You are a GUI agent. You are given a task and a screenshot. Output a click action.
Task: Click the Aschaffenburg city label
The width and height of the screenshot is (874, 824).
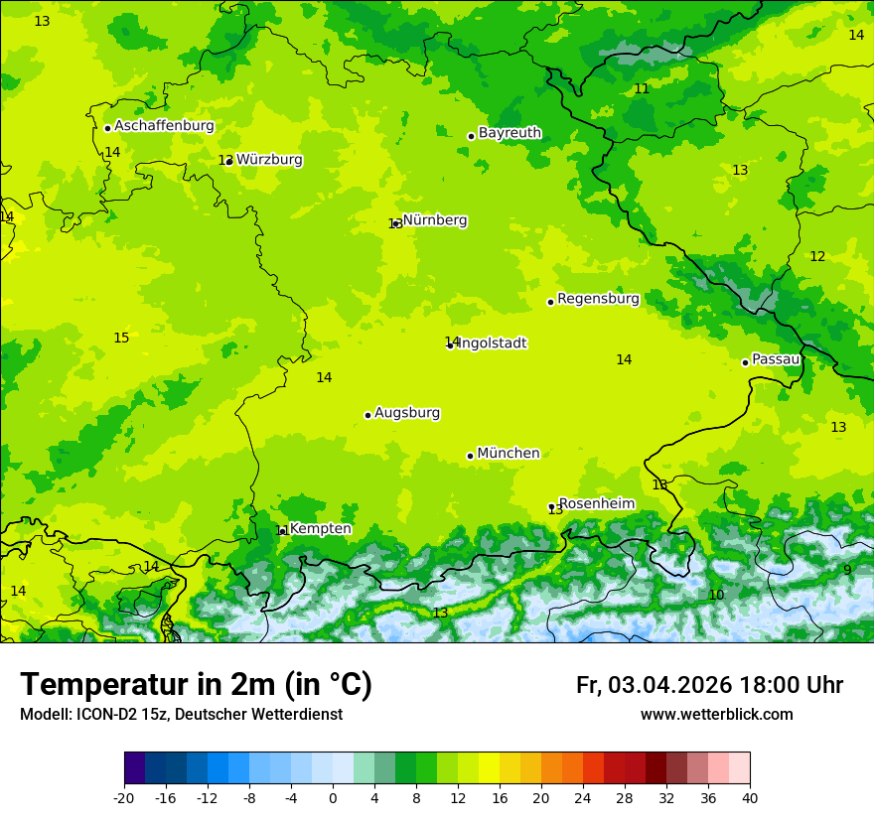coord(164,126)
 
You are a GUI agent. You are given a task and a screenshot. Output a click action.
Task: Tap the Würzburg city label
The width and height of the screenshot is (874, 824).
coord(269,160)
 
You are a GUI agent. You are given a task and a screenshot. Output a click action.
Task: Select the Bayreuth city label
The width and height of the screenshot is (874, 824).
coord(510,133)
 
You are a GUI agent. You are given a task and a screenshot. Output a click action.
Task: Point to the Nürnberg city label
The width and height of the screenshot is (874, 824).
coord(435,220)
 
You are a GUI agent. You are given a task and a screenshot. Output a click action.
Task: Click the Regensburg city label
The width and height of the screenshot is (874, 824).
coord(598,299)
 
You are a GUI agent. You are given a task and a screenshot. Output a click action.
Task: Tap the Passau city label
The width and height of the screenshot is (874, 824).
coord(776,359)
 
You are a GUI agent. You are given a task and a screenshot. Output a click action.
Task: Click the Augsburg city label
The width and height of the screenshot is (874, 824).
coord(407,413)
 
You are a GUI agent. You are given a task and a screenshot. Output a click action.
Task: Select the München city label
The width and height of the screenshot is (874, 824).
coord(509,454)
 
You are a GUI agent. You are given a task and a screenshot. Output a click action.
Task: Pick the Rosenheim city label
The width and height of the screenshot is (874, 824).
coord(596,504)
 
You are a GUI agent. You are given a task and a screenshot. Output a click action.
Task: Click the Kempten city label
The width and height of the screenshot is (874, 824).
coord(320,529)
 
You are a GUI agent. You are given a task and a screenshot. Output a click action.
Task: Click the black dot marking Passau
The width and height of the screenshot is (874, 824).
coord(745,362)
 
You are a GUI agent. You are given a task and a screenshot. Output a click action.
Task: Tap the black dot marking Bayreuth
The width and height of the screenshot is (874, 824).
coord(471,137)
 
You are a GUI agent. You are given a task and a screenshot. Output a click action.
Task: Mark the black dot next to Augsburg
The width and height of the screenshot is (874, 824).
coord(367,416)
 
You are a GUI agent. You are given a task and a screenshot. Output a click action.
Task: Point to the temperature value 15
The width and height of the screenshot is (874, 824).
coord(121,339)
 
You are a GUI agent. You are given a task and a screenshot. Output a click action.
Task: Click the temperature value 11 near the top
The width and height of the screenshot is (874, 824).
coord(642,89)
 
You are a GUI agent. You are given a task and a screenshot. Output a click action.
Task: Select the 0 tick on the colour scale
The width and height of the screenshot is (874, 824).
coord(333,797)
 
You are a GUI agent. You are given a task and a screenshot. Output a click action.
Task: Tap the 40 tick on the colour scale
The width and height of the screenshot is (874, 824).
coord(750,797)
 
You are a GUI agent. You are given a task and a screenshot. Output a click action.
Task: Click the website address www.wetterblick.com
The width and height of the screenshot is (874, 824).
coord(716,715)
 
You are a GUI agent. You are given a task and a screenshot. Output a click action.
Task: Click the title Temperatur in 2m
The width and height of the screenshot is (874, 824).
coord(196,684)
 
